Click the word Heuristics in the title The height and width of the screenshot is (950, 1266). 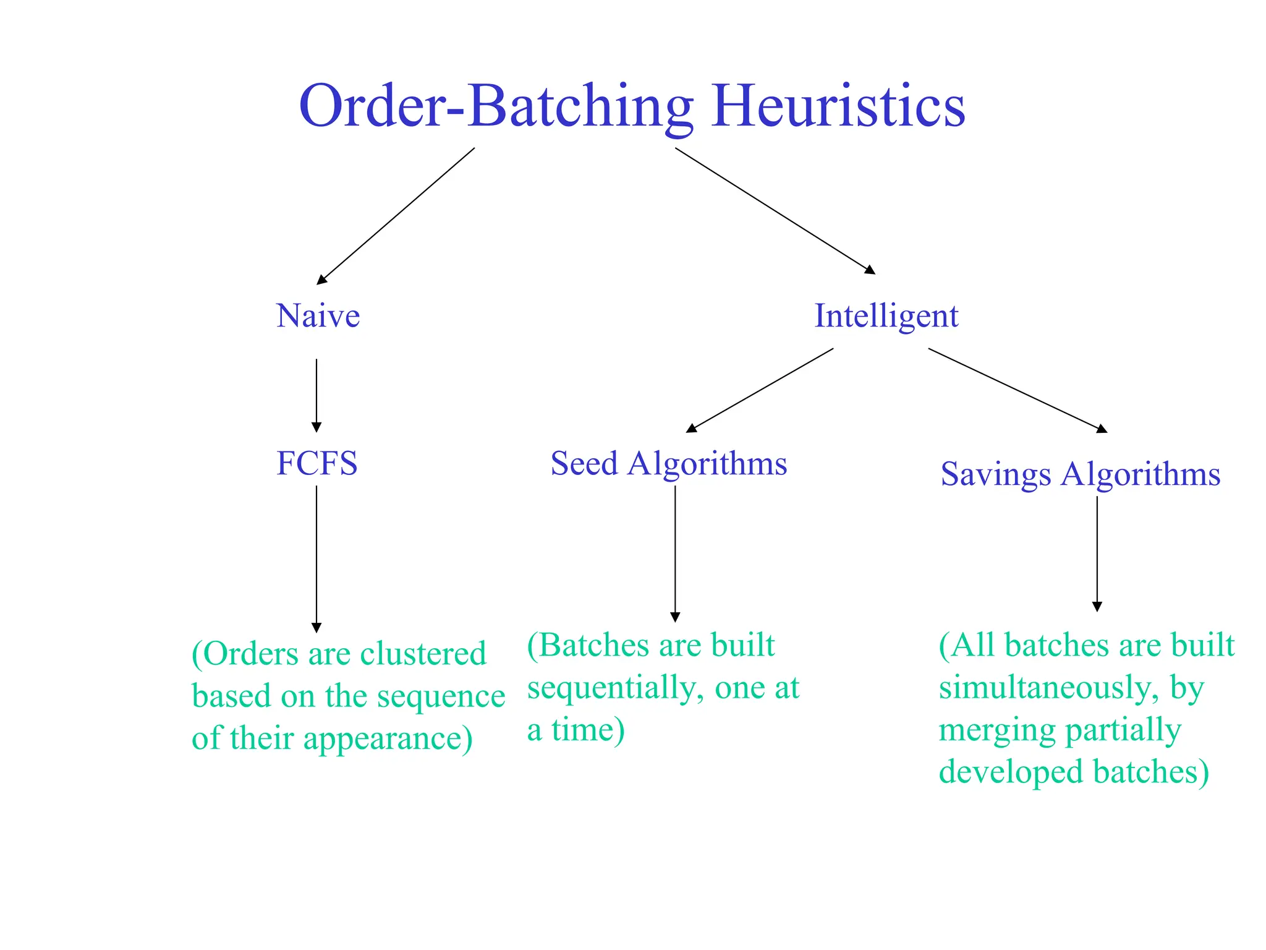pyautogui.click(x=838, y=106)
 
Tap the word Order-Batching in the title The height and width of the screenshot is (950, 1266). pyautogui.click(x=495, y=106)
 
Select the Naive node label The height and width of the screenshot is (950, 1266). pyautogui.click(x=318, y=316)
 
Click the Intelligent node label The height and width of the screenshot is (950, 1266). pyautogui.click(x=886, y=316)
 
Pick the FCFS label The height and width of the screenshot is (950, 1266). pyautogui.click(x=316, y=463)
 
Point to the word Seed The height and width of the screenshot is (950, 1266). pyautogui.click(x=584, y=463)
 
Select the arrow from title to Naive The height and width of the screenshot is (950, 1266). pyautogui.click(x=396, y=216)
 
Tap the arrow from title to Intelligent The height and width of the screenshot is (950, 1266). pyautogui.click(x=775, y=210)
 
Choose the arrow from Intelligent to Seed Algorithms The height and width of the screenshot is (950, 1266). pyautogui.click(x=760, y=390)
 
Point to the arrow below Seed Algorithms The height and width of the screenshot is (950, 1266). pyautogui.click(x=675, y=553)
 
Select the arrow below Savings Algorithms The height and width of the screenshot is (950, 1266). pyautogui.click(x=1097, y=553)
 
